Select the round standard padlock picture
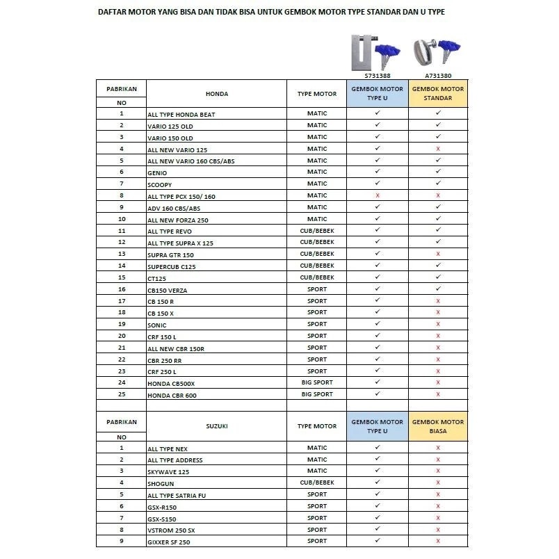(425, 51)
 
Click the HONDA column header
(217, 94)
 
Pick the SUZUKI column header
(217, 426)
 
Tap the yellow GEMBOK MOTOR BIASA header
(438, 426)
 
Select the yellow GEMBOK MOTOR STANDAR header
(438, 94)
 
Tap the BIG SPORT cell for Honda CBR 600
(317, 394)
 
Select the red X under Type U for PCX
(378, 196)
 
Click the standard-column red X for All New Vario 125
(438, 149)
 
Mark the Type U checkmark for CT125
(378, 277)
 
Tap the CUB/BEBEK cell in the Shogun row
(317, 483)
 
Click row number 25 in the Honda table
(122, 394)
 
